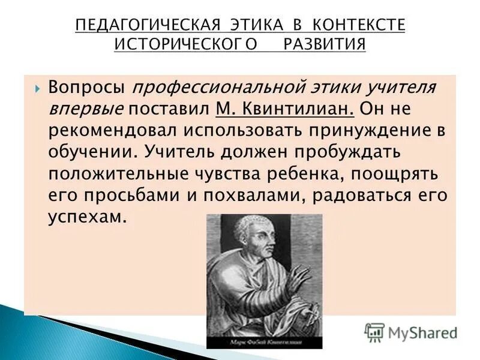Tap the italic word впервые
pos(86,110)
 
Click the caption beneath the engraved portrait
pos(264,343)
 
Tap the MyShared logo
pos(411,332)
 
